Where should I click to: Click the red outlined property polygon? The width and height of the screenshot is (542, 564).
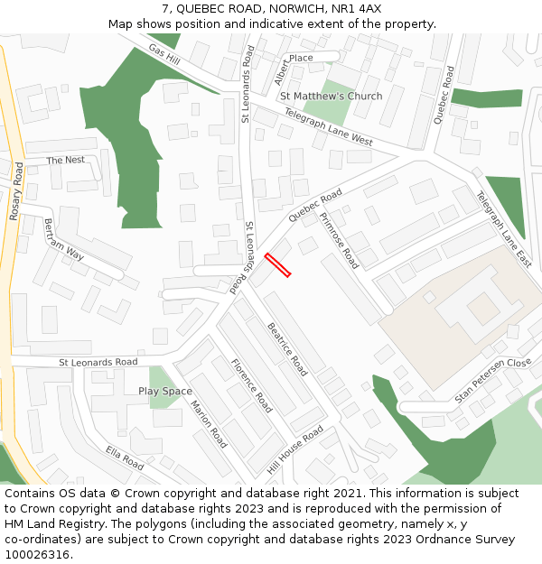click(x=277, y=265)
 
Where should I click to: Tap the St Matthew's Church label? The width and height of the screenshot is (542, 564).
click(x=331, y=96)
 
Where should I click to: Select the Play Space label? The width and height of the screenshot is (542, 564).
click(x=165, y=391)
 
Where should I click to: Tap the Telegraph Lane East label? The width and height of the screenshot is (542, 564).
click(x=504, y=228)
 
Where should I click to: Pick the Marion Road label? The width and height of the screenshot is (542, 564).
click(x=209, y=424)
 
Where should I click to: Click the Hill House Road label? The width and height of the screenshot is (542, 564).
click(x=294, y=448)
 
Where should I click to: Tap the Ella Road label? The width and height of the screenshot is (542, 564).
click(x=125, y=458)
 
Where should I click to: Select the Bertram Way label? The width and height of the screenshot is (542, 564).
click(x=64, y=238)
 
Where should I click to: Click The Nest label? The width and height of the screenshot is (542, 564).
click(x=66, y=160)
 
